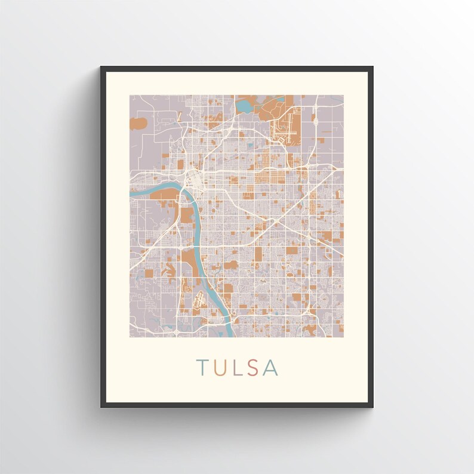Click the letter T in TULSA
click(x=202, y=368)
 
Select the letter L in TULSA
click(x=236, y=368)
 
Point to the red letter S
click(x=253, y=368)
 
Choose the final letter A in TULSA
click(x=270, y=368)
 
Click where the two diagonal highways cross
click(x=275, y=222)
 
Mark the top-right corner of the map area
click(x=344, y=95)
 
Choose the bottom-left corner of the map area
click(x=130, y=337)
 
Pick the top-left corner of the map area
click(x=130, y=95)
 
